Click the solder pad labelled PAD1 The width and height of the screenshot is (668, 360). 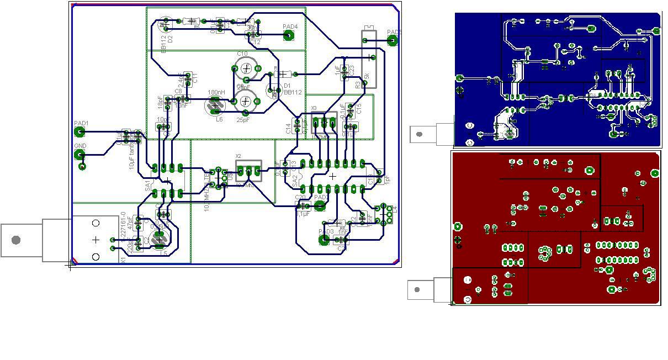tap(79, 131)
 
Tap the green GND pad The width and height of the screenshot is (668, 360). tap(79, 155)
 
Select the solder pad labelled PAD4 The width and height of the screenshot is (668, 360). tap(288, 36)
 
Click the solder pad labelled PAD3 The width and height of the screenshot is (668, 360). tap(325, 240)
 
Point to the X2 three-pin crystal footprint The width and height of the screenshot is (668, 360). tap(248, 171)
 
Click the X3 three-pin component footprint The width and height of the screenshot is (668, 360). tap(324, 123)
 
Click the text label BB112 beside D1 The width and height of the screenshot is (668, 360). tap(293, 93)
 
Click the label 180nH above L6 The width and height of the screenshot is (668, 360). tap(216, 92)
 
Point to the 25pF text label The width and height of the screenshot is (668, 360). tap(243, 119)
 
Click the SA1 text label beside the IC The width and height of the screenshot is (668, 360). tap(148, 186)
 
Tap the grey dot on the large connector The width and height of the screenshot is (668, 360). tap(16, 240)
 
